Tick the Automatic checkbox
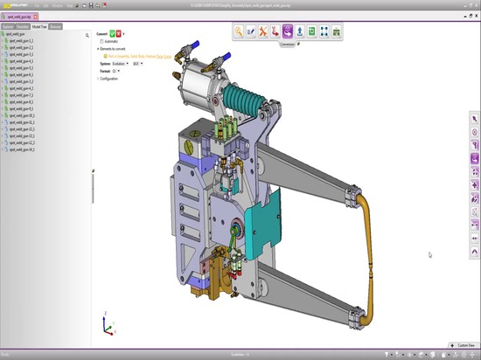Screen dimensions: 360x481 (102, 41)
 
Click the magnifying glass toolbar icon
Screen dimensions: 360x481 (238, 31)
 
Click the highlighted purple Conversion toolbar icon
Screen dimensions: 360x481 (287, 31)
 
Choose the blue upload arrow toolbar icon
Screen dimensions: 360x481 (299, 31)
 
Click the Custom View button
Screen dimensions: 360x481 (462, 346)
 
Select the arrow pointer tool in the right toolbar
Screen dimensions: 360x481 (474, 119)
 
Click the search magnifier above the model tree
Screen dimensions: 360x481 (87, 35)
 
